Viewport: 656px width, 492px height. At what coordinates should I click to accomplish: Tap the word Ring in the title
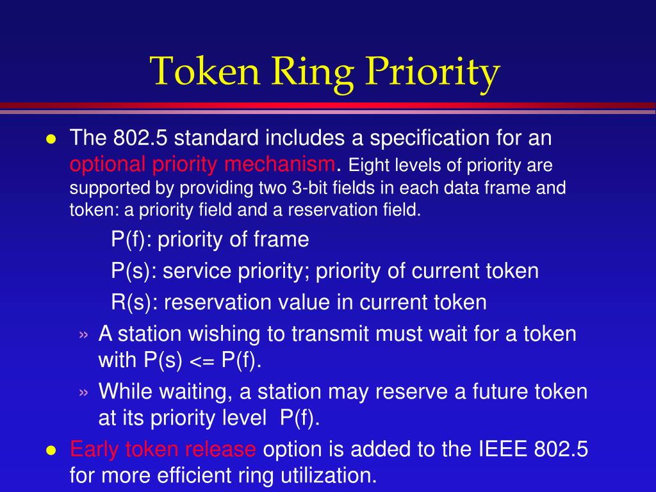[x=310, y=71]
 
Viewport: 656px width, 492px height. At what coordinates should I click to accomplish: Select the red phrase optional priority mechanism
[x=202, y=165]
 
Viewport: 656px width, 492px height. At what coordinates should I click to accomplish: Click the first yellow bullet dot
[x=51, y=140]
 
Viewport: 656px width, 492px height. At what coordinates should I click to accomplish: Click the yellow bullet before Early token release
[x=51, y=450]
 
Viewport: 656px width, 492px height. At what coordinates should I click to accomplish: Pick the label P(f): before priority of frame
[x=131, y=240]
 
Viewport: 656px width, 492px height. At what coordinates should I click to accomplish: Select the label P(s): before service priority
[x=134, y=271]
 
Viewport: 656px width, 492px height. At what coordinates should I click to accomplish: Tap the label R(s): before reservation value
[x=135, y=302]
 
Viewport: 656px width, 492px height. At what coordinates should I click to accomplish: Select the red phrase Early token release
[x=163, y=450]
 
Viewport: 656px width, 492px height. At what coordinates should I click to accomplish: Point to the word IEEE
[x=498, y=450]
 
